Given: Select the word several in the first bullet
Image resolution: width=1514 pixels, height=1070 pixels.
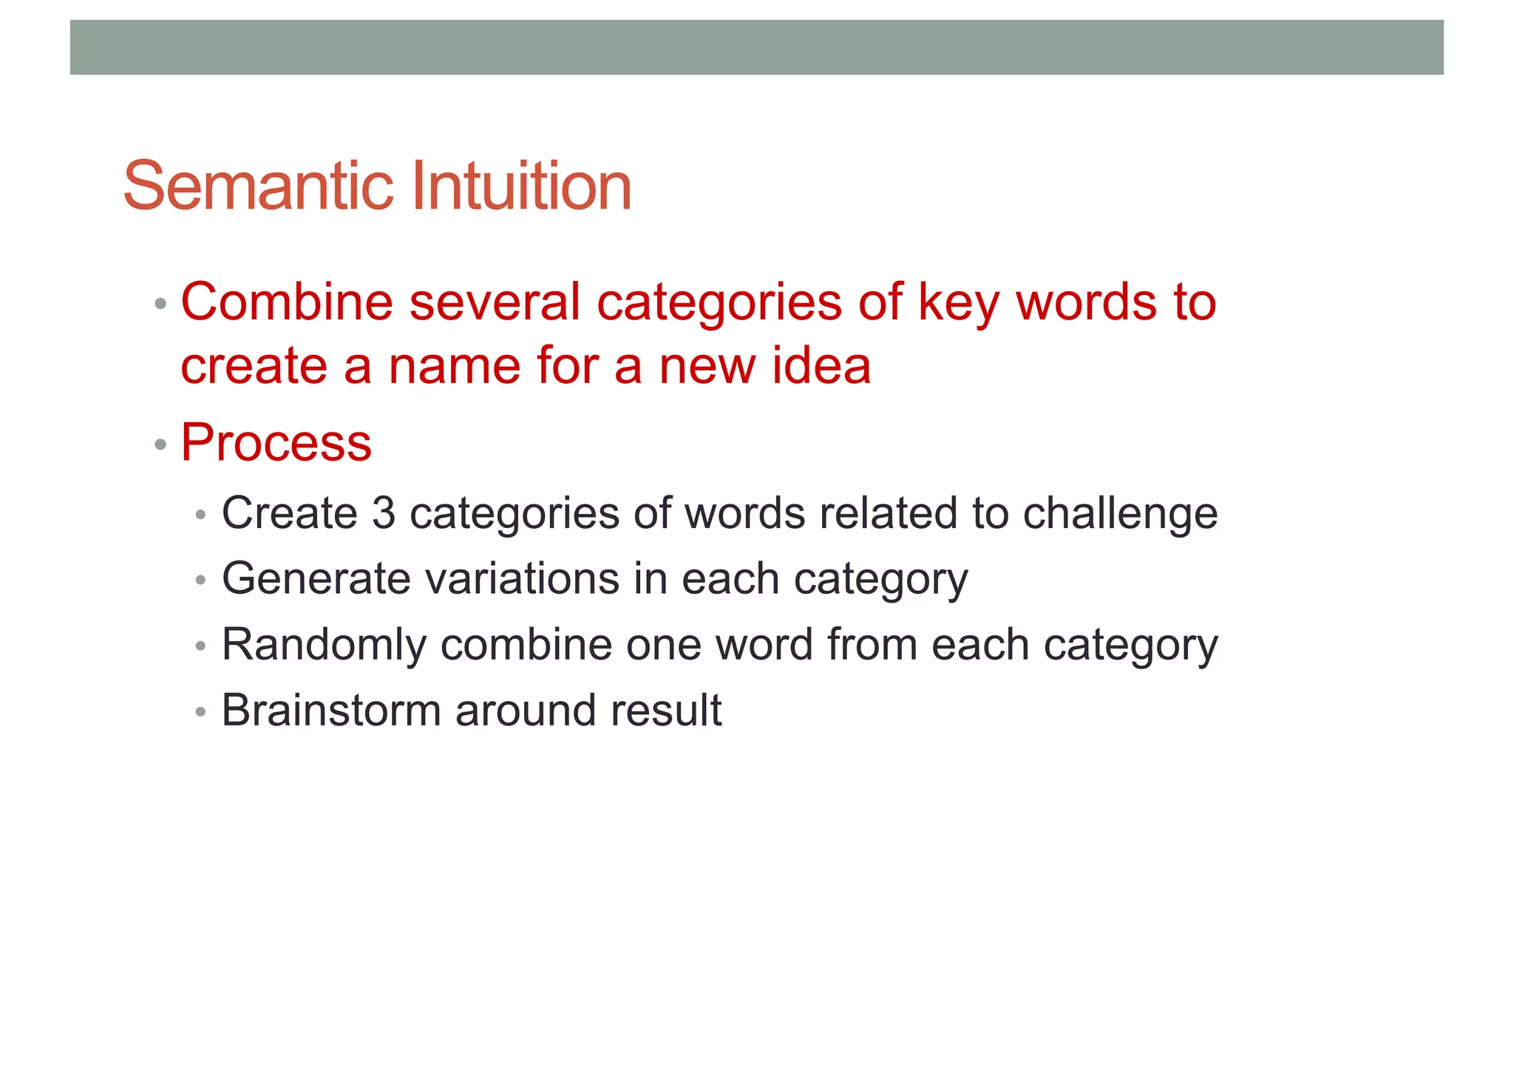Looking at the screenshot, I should tap(495, 302).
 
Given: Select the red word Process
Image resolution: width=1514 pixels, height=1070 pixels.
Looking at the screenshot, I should tap(276, 443).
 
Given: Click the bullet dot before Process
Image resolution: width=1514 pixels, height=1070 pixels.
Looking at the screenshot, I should tap(160, 445).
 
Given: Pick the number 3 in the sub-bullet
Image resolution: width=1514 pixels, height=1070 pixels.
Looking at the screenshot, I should tap(383, 513).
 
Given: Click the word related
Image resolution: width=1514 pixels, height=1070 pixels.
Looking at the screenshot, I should tap(889, 513).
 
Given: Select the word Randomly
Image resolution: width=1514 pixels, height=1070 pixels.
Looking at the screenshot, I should tap(324, 646).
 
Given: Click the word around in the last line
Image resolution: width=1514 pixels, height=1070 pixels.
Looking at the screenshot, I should tap(526, 711).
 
